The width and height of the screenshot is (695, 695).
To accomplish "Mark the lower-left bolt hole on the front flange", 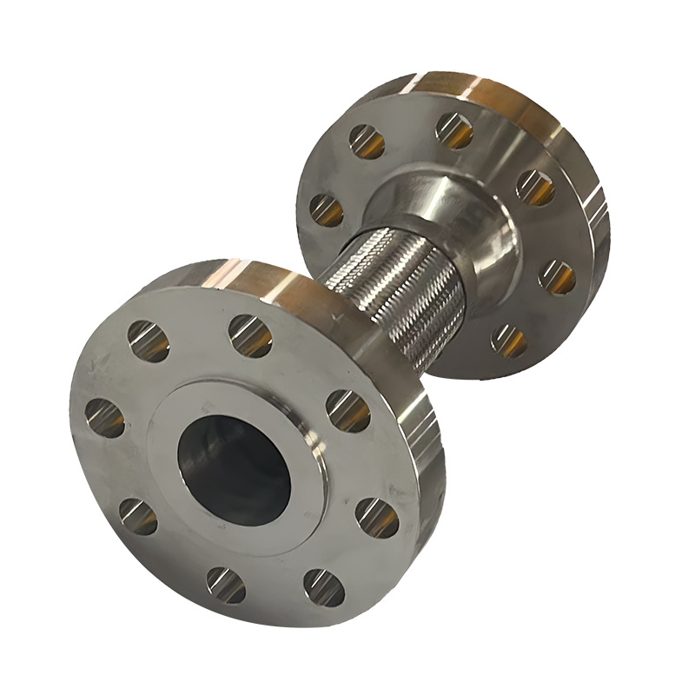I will (137, 516).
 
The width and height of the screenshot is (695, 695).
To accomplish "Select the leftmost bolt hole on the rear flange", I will (327, 210).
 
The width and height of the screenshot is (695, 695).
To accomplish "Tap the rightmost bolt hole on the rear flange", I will (557, 277).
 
